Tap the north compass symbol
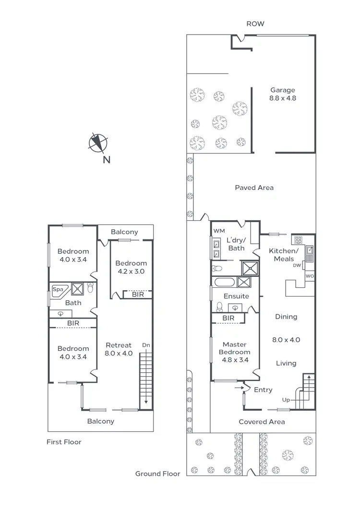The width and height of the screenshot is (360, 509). (x=98, y=143)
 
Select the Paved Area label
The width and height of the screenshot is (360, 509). (x=254, y=188)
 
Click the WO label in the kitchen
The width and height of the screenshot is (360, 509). (x=310, y=277)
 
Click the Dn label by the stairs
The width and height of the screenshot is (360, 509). (x=146, y=345)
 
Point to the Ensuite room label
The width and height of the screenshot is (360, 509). (x=236, y=296)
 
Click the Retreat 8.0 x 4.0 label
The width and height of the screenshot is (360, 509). (x=119, y=349)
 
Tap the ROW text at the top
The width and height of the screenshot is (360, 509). (x=255, y=24)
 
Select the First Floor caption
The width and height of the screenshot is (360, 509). (x=64, y=442)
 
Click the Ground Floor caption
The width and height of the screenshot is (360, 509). (x=157, y=474)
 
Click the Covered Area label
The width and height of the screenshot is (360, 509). (x=262, y=422)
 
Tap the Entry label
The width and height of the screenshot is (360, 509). (x=263, y=390)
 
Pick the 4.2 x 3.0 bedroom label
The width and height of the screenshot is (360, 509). (x=131, y=267)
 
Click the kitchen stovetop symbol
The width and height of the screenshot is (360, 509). (x=297, y=239)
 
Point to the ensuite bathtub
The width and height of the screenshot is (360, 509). (x=224, y=282)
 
